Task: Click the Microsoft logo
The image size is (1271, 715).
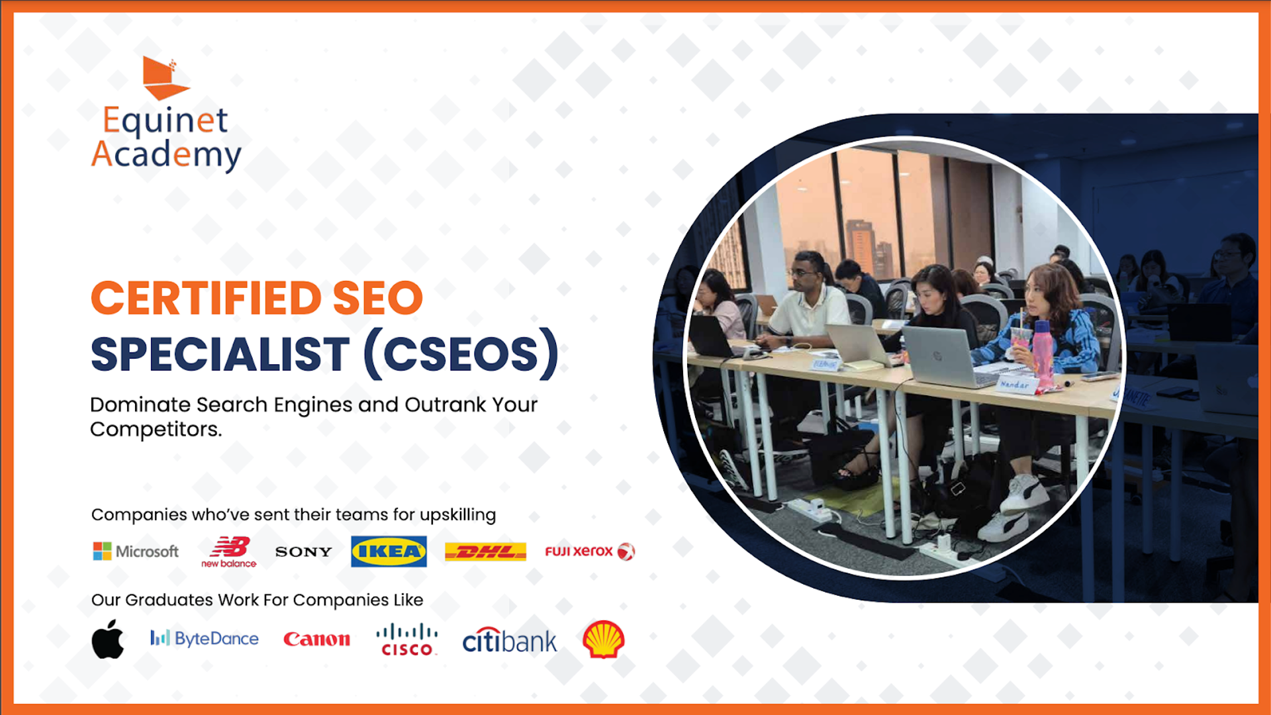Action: click(x=136, y=551)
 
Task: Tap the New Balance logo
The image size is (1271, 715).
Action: click(x=229, y=552)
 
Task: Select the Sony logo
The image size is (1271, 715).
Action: click(x=304, y=551)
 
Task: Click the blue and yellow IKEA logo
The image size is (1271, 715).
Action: click(x=389, y=551)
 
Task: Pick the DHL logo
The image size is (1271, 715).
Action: click(x=485, y=551)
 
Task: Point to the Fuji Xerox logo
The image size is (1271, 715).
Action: click(x=590, y=551)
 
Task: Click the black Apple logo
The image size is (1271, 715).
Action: click(x=108, y=639)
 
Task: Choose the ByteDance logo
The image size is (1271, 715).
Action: click(x=205, y=639)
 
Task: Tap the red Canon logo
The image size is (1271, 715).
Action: click(x=316, y=640)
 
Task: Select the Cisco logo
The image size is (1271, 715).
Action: click(x=406, y=640)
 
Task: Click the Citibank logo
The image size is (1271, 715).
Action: click(x=510, y=640)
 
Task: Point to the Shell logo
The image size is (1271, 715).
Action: click(x=604, y=640)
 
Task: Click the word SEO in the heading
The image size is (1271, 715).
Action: click(x=378, y=298)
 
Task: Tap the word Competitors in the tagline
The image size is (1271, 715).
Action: click(x=156, y=430)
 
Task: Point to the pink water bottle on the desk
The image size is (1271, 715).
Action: click(x=1043, y=353)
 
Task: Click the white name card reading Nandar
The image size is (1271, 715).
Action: click(x=1015, y=385)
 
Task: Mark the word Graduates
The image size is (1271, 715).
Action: click(x=169, y=600)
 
